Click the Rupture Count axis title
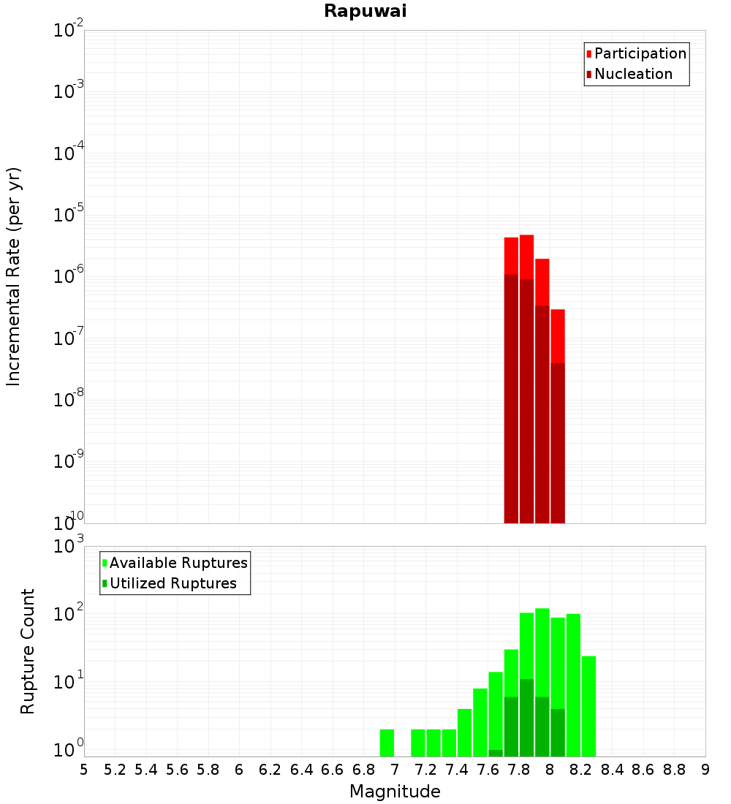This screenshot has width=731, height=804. point(28,651)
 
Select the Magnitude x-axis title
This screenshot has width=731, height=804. point(395,792)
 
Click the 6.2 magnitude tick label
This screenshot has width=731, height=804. point(270,770)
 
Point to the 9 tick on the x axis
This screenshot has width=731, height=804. point(705,770)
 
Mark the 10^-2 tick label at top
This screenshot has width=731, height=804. point(68,31)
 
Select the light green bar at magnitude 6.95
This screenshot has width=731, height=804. point(387,743)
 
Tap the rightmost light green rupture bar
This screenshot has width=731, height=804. point(589,706)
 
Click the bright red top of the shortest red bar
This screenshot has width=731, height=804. point(558,335)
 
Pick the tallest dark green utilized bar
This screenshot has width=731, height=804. point(526,718)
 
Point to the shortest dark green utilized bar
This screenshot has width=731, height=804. point(496,753)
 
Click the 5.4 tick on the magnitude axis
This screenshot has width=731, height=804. point(146,770)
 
